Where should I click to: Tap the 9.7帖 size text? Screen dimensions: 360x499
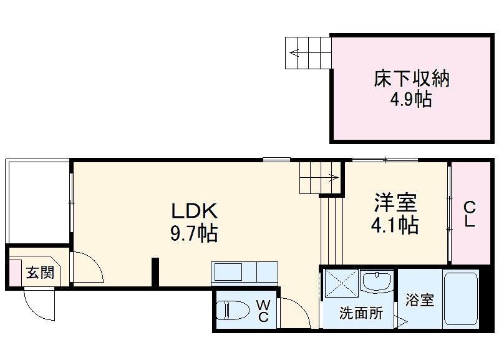pos(194,233)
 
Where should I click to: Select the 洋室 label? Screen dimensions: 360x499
pos(395,202)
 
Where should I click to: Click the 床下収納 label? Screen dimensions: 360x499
pos(412,79)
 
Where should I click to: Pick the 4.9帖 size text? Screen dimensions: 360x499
pos(412,100)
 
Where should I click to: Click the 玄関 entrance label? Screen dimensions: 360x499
pos(39,273)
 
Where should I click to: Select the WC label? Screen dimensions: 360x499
pos(263,311)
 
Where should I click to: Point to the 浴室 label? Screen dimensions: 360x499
pos(420,300)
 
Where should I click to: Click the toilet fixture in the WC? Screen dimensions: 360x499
pos(232,311)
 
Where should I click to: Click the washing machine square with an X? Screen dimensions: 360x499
pos(341,285)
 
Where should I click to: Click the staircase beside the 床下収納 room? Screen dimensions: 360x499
pos(308,52)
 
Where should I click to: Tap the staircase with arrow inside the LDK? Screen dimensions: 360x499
pos(319,177)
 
